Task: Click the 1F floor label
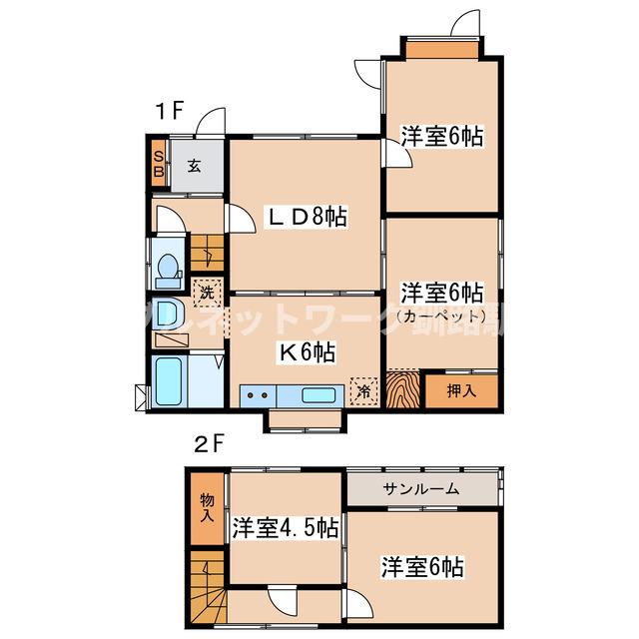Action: (x=168, y=112)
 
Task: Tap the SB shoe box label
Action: (x=158, y=162)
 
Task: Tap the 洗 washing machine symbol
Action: (x=205, y=294)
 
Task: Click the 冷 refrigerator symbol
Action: (x=364, y=391)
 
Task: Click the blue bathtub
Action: (x=170, y=382)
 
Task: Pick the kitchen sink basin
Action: (x=319, y=394)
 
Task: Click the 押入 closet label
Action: (x=460, y=389)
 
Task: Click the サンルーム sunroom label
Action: (x=420, y=489)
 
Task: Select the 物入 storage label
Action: (x=207, y=507)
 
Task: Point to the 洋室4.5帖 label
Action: (x=287, y=529)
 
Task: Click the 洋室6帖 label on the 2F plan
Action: (x=421, y=567)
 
